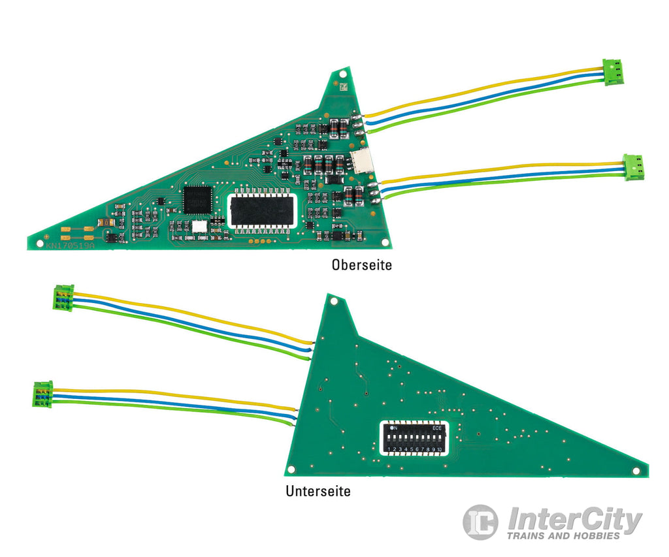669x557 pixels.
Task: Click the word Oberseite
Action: coord(361,266)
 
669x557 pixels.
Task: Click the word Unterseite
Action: coord(318,491)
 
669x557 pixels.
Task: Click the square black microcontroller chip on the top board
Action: coord(198,199)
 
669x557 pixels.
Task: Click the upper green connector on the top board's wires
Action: coord(613,71)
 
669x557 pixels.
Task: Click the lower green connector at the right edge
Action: coord(632,166)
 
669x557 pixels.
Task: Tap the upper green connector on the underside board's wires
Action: coord(63,298)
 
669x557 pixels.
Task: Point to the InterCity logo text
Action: coord(574,520)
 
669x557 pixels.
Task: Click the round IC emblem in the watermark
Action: coord(480,522)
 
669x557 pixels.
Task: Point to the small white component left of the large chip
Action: coord(197,226)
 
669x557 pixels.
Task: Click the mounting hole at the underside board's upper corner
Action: coord(334,302)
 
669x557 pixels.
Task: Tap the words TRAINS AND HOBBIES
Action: coord(563,536)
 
